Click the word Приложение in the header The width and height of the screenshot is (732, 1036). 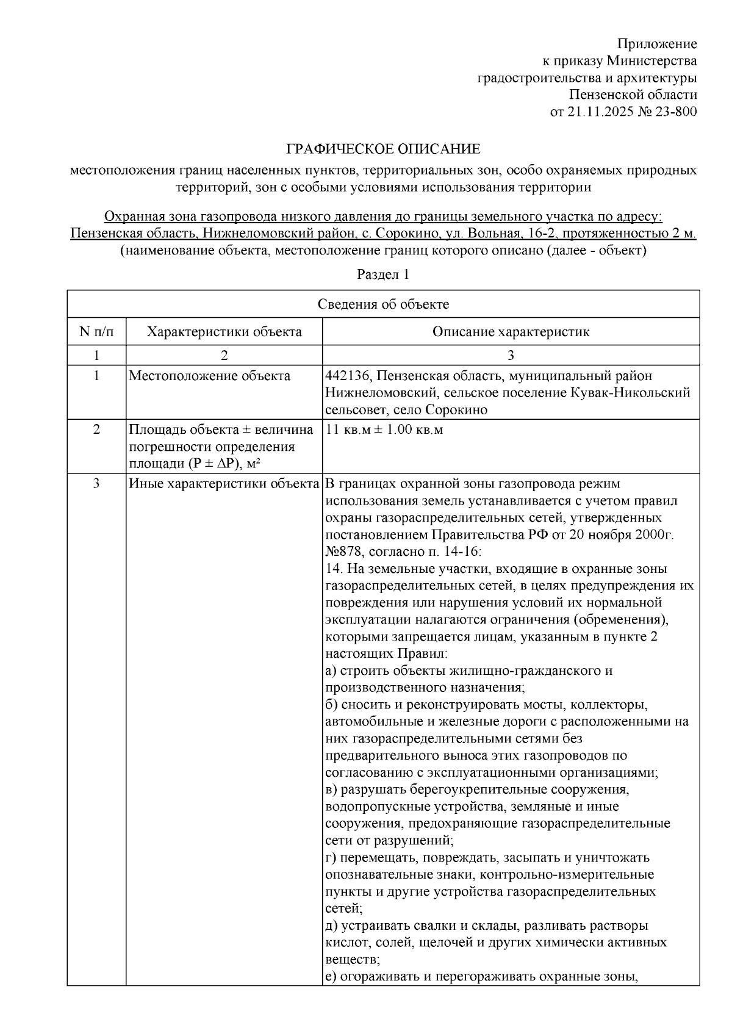pyautogui.click(x=656, y=44)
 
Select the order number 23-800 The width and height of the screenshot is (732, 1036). pyautogui.click(x=676, y=112)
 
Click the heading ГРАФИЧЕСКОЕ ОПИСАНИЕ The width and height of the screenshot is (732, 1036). pyautogui.click(x=384, y=149)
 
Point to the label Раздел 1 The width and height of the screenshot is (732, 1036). pyautogui.click(x=383, y=275)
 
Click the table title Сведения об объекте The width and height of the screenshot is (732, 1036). pyautogui.click(x=383, y=304)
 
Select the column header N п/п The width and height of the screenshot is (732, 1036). pyautogui.click(x=96, y=332)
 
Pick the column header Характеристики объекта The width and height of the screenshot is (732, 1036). pyautogui.click(x=224, y=332)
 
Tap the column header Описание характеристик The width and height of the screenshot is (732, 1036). pyautogui.click(x=511, y=332)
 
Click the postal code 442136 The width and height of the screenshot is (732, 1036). pyautogui.click(x=345, y=376)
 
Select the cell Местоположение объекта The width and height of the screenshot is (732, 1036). pyautogui.click(x=209, y=376)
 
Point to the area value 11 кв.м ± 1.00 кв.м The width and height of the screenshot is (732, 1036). pyautogui.click(x=385, y=430)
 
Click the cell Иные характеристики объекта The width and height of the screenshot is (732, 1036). pyautogui.click(x=224, y=484)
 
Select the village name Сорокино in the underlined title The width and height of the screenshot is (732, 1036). pyautogui.click(x=405, y=234)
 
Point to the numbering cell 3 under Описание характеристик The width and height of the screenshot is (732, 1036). pyautogui.click(x=511, y=356)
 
